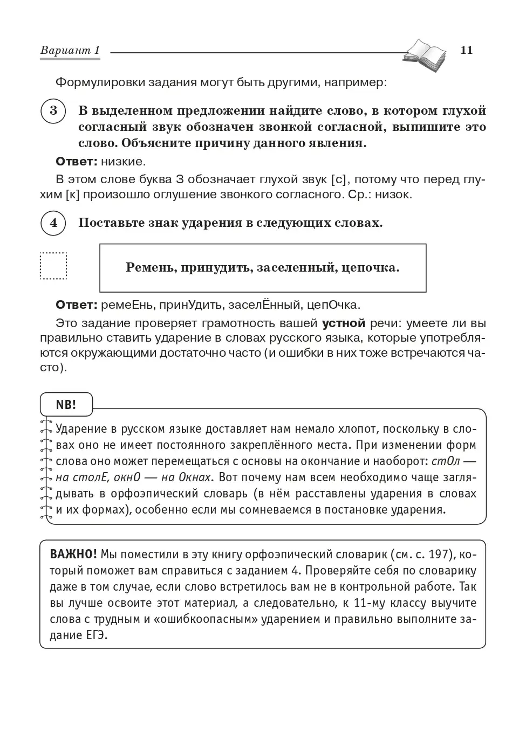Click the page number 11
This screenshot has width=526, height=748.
tap(467, 50)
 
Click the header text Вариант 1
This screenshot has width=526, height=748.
tap(70, 51)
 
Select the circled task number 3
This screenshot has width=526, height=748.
tap(53, 111)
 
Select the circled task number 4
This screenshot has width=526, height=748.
tap(53, 223)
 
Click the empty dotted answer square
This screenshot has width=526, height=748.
tap(53, 266)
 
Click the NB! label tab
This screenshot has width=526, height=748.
tap(66, 405)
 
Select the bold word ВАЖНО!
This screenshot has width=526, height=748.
tap(73, 555)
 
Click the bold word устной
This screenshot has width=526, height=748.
tap(344, 323)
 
